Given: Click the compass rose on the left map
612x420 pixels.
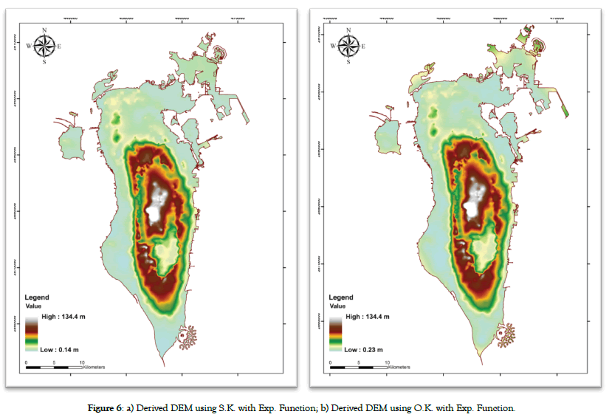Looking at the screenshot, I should click(44, 46).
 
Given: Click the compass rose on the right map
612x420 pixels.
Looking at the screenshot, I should click(348, 46).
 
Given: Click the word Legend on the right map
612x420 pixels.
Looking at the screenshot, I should click(342, 297).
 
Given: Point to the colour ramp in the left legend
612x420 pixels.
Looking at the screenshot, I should click(32, 332).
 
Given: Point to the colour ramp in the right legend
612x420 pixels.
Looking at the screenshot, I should click(337, 332).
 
